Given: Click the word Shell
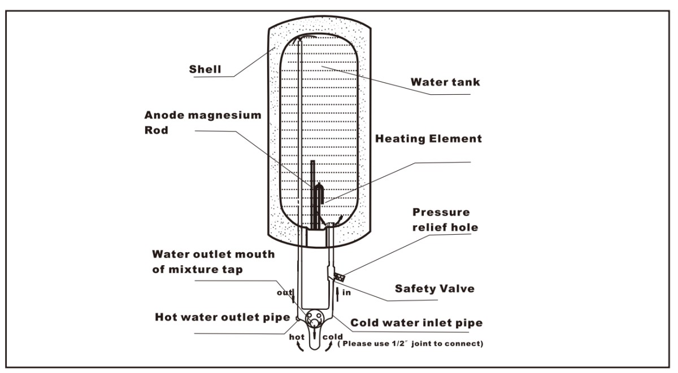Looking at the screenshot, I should tap(205, 70).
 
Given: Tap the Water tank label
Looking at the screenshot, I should tap(445, 82).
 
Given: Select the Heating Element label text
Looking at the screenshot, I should tap(429, 138).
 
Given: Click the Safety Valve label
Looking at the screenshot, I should tap(434, 288).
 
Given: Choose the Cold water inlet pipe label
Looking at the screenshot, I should tap(417, 323).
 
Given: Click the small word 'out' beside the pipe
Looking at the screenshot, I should tap(284, 293).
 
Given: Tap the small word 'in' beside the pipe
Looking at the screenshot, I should tap(347, 293).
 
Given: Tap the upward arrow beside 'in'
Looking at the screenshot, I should tap(338, 293).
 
